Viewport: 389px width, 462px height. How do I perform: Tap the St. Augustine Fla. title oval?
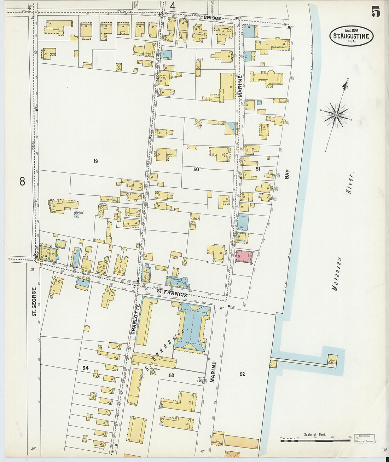pos(351,36)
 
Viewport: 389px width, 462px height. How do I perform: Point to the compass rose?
pos(336,114)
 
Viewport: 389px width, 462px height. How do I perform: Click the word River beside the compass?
pos(350,183)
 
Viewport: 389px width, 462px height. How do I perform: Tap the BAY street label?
pos(287,174)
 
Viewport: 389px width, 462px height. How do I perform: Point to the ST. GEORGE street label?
pos(34,301)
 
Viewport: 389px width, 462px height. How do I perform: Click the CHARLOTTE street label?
pos(135,320)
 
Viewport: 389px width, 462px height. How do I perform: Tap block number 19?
pos(95,161)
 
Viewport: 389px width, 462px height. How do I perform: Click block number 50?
pos(196,169)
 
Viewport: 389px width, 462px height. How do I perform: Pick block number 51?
pos(258,169)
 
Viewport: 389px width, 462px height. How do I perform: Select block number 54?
pos(85,368)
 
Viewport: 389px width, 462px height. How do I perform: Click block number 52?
pos(242,374)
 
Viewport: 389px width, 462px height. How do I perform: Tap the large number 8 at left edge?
pos(22,182)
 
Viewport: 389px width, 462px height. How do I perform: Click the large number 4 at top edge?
pos(173,6)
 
